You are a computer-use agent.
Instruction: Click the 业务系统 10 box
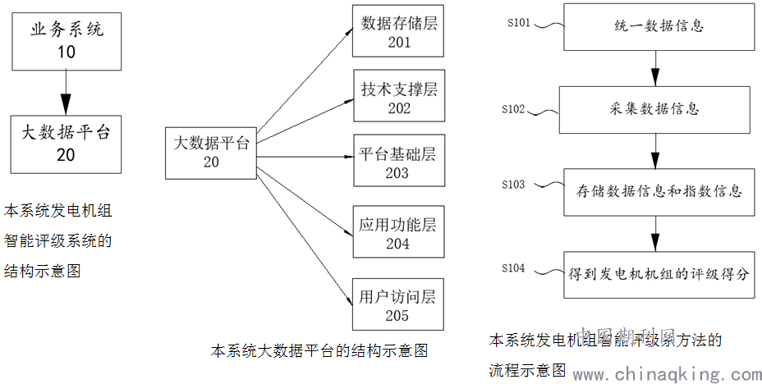(x=67, y=40)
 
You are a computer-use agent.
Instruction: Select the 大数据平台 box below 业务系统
(x=67, y=142)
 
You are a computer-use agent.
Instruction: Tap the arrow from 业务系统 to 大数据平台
(x=67, y=92)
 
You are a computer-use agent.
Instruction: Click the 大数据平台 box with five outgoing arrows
(x=211, y=152)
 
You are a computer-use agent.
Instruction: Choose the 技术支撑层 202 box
(x=398, y=98)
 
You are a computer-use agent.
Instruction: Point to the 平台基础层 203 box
(x=398, y=162)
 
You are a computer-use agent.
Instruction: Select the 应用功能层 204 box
(x=398, y=232)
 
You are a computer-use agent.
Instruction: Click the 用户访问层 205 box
(x=398, y=304)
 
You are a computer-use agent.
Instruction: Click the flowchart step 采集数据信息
(x=655, y=108)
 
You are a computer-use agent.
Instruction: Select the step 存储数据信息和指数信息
(x=655, y=191)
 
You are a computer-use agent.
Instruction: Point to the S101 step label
(x=519, y=22)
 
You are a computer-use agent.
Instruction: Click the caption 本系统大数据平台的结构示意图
(x=319, y=350)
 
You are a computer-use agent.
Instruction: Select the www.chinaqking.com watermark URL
(x=667, y=374)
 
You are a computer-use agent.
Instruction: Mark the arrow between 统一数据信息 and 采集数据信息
(x=655, y=66)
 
